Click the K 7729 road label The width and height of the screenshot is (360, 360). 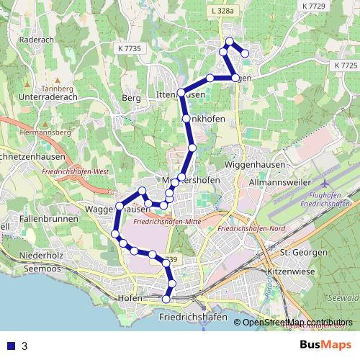click(x=315, y=6)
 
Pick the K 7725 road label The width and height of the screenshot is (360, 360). click(x=346, y=65)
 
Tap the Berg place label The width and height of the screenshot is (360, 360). click(x=131, y=98)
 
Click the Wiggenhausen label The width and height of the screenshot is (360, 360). click(x=267, y=166)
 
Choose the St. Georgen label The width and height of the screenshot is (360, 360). click(x=299, y=253)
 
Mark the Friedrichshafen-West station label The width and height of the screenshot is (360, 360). click(x=76, y=173)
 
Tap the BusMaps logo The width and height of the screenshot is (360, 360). click(x=326, y=346)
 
